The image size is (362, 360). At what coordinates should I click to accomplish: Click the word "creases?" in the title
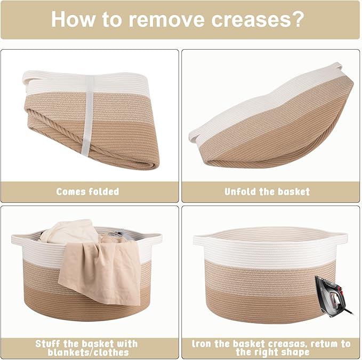point(258,19)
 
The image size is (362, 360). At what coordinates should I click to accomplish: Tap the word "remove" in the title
point(166,19)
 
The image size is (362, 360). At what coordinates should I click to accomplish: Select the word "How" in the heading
point(73,19)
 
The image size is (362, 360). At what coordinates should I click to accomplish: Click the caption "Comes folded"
point(88,191)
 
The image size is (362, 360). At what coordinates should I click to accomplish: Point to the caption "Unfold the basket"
point(267,191)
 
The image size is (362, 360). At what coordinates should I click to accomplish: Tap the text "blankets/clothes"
point(88,353)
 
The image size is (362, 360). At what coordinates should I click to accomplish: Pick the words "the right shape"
point(272,353)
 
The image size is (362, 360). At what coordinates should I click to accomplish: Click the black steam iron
point(333,297)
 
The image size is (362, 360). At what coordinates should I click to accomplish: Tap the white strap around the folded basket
point(88,115)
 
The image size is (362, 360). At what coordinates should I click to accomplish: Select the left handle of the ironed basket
point(199,239)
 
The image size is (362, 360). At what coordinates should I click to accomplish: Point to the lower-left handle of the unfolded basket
point(193,136)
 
